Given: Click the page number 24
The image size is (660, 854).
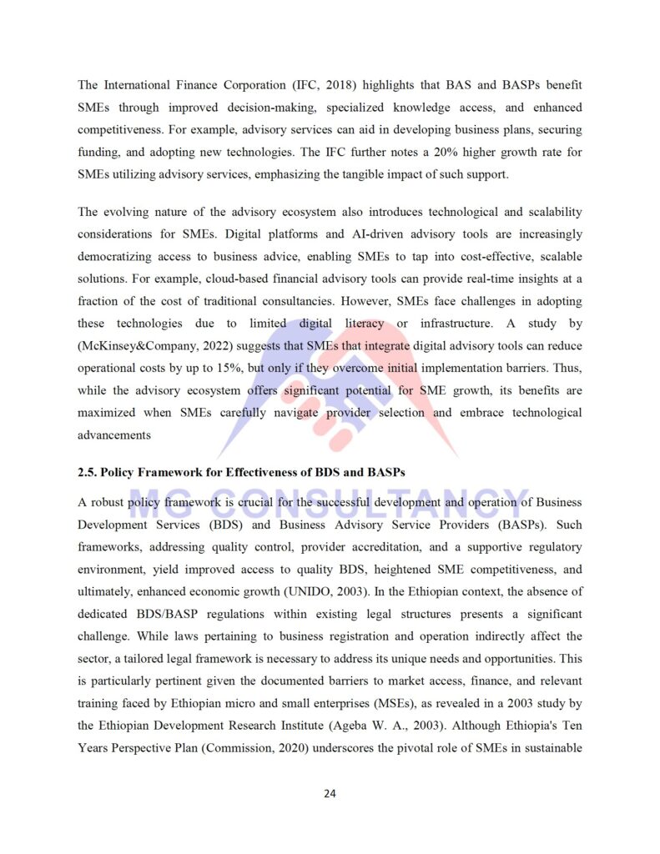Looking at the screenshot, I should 330,793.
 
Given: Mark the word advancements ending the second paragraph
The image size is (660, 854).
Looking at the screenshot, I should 114,435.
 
